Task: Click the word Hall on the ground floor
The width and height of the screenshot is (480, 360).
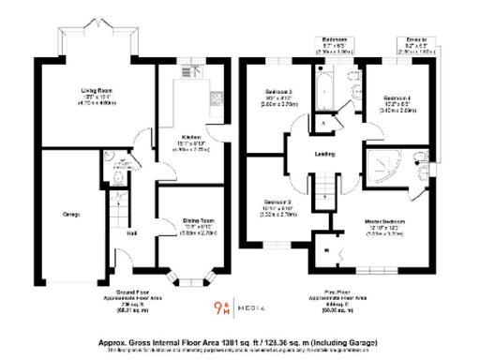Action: pos(132,233)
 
